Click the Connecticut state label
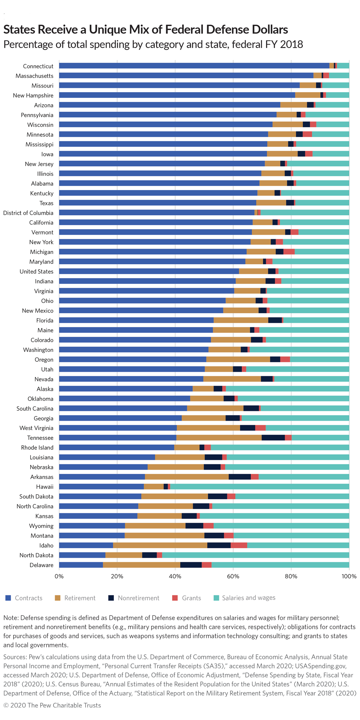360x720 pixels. click(38, 66)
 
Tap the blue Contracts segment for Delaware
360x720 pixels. click(81, 565)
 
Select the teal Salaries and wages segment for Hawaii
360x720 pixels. click(260, 486)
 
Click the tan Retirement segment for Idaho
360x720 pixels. click(160, 545)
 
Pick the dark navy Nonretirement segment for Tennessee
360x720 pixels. click(273, 437)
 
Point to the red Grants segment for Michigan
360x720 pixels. click(289, 252)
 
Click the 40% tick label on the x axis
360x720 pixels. click(175, 576)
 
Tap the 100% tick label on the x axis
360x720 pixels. click(349, 576)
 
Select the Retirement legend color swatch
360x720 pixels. click(57, 598)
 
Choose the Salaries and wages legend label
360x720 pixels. click(249, 598)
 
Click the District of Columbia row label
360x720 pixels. click(28, 213)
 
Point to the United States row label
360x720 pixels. click(36, 271)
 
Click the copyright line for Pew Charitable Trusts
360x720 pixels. click(52, 705)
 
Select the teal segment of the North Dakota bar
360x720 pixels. click(256, 555)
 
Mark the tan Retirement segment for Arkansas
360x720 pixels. click(187, 477)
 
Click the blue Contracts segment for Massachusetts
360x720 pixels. click(186, 76)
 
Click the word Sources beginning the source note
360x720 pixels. click(15, 657)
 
